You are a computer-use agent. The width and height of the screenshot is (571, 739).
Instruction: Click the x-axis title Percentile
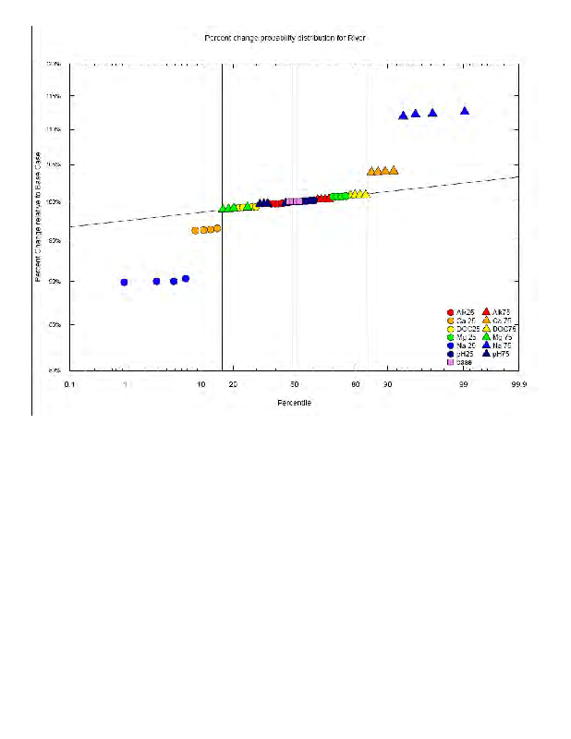point(294,403)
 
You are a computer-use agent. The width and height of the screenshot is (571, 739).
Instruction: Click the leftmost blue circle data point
point(125,282)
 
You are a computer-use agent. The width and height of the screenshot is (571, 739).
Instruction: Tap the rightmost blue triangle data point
point(465,111)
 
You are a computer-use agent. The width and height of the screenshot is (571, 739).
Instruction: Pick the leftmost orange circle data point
point(195,230)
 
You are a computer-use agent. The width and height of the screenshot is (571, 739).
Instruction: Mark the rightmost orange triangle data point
point(394,170)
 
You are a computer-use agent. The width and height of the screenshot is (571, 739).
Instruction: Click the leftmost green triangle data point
point(222,209)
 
